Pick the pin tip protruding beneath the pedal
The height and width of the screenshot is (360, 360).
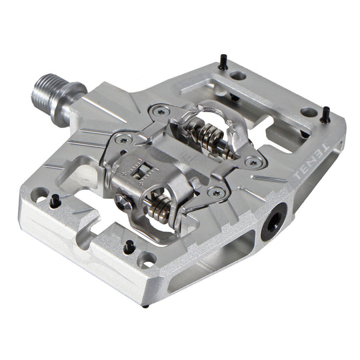click(145, 305)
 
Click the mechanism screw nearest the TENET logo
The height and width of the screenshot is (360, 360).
click(251, 162)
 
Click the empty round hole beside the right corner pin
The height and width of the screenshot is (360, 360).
click(307, 112)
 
